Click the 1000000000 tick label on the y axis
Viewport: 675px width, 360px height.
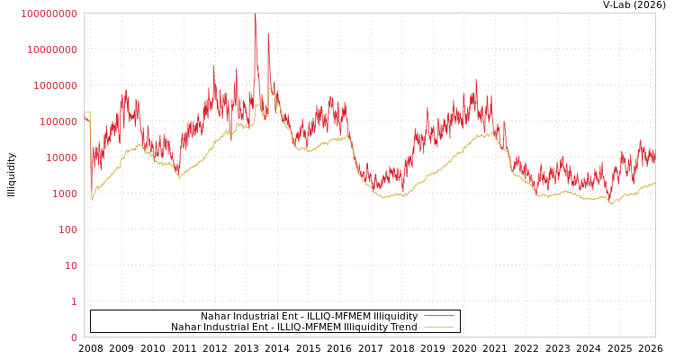pyautogui.click(x=49, y=13)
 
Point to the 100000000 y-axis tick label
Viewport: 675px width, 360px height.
pyautogui.click(x=51, y=49)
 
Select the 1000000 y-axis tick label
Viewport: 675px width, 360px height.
pyautogui.click(x=57, y=121)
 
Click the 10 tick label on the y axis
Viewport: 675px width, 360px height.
pyautogui.click(x=74, y=301)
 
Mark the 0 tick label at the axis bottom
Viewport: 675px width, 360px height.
pyautogui.click(x=74, y=337)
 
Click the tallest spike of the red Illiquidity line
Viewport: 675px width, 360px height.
pyautogui.click(x=255, y=15)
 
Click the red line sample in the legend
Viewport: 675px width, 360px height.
pyautogui.click(x=439, y=316)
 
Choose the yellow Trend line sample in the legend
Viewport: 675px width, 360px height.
pyautogui.click(x=439, y=327)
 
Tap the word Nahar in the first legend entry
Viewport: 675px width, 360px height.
pyautogui.click(x=216, y=316)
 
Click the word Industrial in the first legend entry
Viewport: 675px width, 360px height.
pyautogui.click(x=257, y=316)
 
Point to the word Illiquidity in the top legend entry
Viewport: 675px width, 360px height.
pyautogui.click(x=395, y=316)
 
